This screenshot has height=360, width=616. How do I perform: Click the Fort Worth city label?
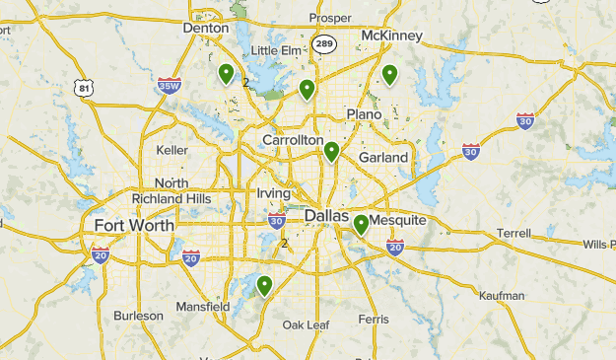tap(134, 225)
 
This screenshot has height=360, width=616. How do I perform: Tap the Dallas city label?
tap(326, 215)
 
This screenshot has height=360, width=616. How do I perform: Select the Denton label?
tap(205, 29)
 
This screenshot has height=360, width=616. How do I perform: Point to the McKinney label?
tap(391, 36)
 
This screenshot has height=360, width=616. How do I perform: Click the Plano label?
tap(364, 114)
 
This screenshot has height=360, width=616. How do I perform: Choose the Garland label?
tap(383, 157)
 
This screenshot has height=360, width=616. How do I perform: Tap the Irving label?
tap(273, 193)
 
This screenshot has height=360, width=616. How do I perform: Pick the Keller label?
tap(171, 150)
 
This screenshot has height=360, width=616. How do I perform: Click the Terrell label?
tap(513, 233)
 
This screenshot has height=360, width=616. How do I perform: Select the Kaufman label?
tap(501, 295)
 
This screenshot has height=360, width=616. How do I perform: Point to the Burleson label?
tap(138, 316)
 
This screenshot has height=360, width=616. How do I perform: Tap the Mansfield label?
tap(203, 307)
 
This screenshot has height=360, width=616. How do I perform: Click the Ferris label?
tap(374, 319)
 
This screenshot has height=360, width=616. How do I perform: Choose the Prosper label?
tap(329, 18)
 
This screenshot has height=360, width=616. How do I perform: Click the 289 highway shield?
tap(324, 43)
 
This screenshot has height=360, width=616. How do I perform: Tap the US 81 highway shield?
tap(86, 89)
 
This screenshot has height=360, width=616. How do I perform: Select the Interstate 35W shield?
tap(169, 86)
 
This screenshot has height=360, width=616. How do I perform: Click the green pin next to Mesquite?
tap(362, 225)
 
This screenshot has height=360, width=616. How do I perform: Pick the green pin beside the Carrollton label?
tap(332, 152)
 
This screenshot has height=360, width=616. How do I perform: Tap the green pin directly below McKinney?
tap(389, 74)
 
